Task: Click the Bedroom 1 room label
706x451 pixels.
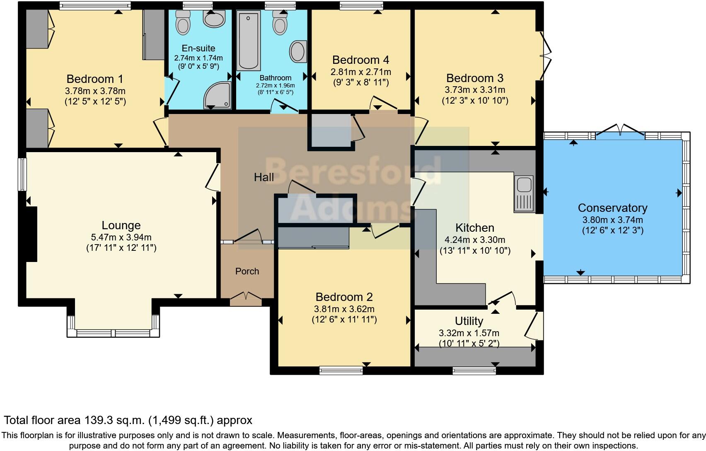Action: point(95,79)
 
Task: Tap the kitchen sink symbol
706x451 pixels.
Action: point(524,193)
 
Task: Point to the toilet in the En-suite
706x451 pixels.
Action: point(183,22)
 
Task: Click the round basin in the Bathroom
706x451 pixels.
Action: point(298,51)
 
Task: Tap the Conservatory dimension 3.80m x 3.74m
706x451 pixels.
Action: point(612,220)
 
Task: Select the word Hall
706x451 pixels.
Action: point(264,177)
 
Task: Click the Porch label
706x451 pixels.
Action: point(247,271)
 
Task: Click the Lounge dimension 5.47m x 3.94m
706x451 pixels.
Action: point(121,238)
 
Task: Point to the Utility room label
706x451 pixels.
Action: point(469,321)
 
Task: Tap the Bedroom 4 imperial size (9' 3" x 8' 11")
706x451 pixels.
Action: point(360,82)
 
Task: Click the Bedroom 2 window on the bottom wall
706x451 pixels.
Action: point(341,370)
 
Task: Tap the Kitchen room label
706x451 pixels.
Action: point(474,228)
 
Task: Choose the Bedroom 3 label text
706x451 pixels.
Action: point(474,78)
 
